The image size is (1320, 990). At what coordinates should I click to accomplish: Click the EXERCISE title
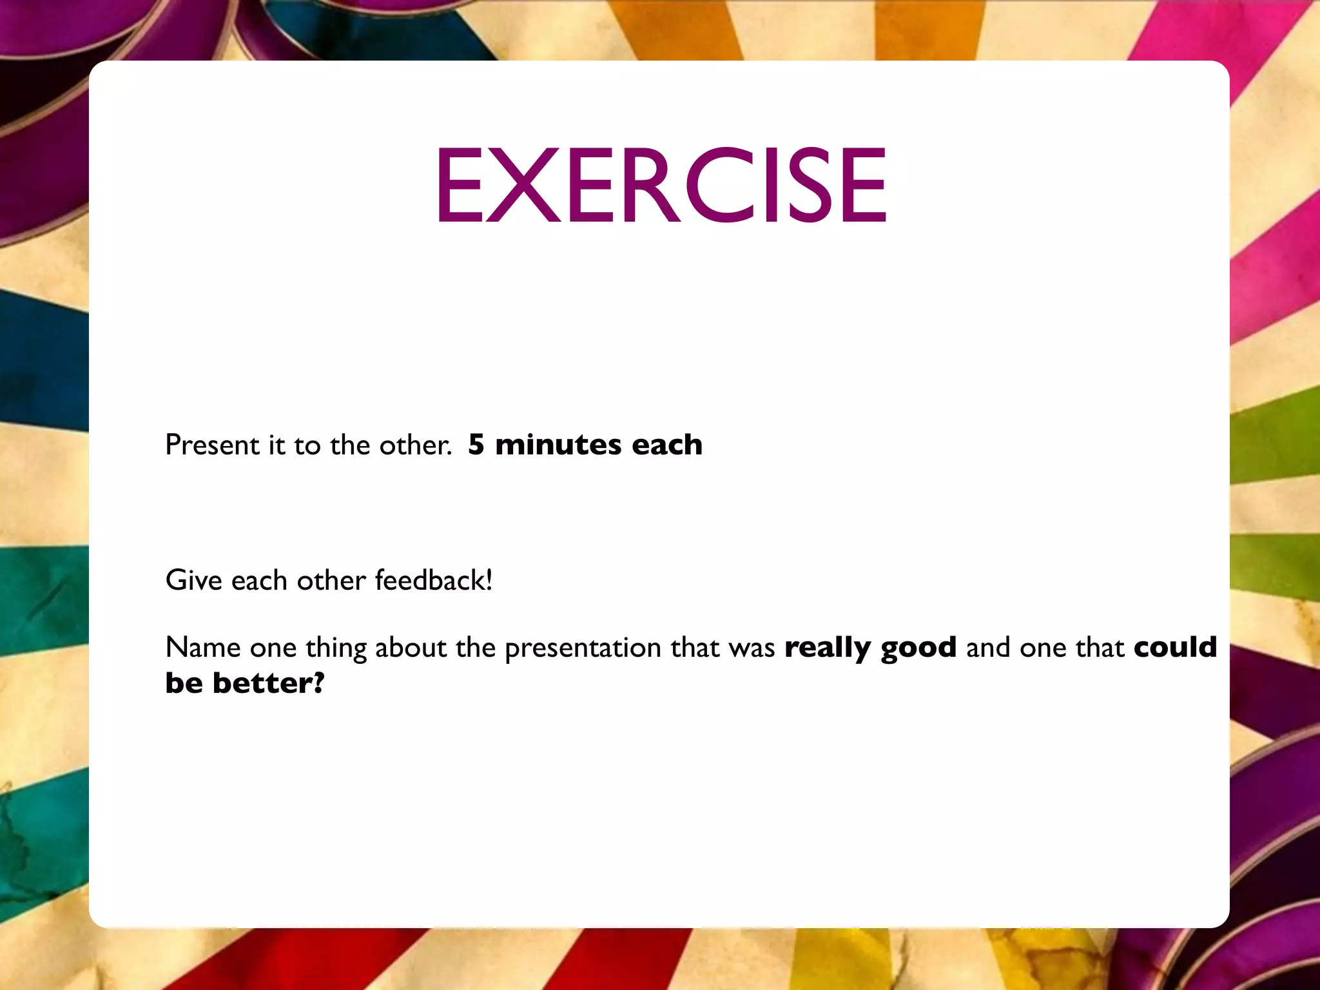(663, 185)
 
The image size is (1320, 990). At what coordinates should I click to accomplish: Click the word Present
(212, 445)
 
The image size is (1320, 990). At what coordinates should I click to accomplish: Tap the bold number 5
(476, 445)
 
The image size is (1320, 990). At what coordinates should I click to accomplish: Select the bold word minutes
(558, 445)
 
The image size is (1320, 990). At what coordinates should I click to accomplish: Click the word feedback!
(434, 580)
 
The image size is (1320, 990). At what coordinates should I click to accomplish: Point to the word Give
(193, 580)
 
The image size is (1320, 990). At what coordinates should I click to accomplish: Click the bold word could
(1175, 646)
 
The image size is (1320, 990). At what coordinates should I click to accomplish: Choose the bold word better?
(269, 683)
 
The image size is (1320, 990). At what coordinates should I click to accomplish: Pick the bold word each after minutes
(667, 445)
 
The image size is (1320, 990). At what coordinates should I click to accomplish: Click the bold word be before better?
(184, 683)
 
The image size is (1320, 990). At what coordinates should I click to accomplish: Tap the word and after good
(988, 647)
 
